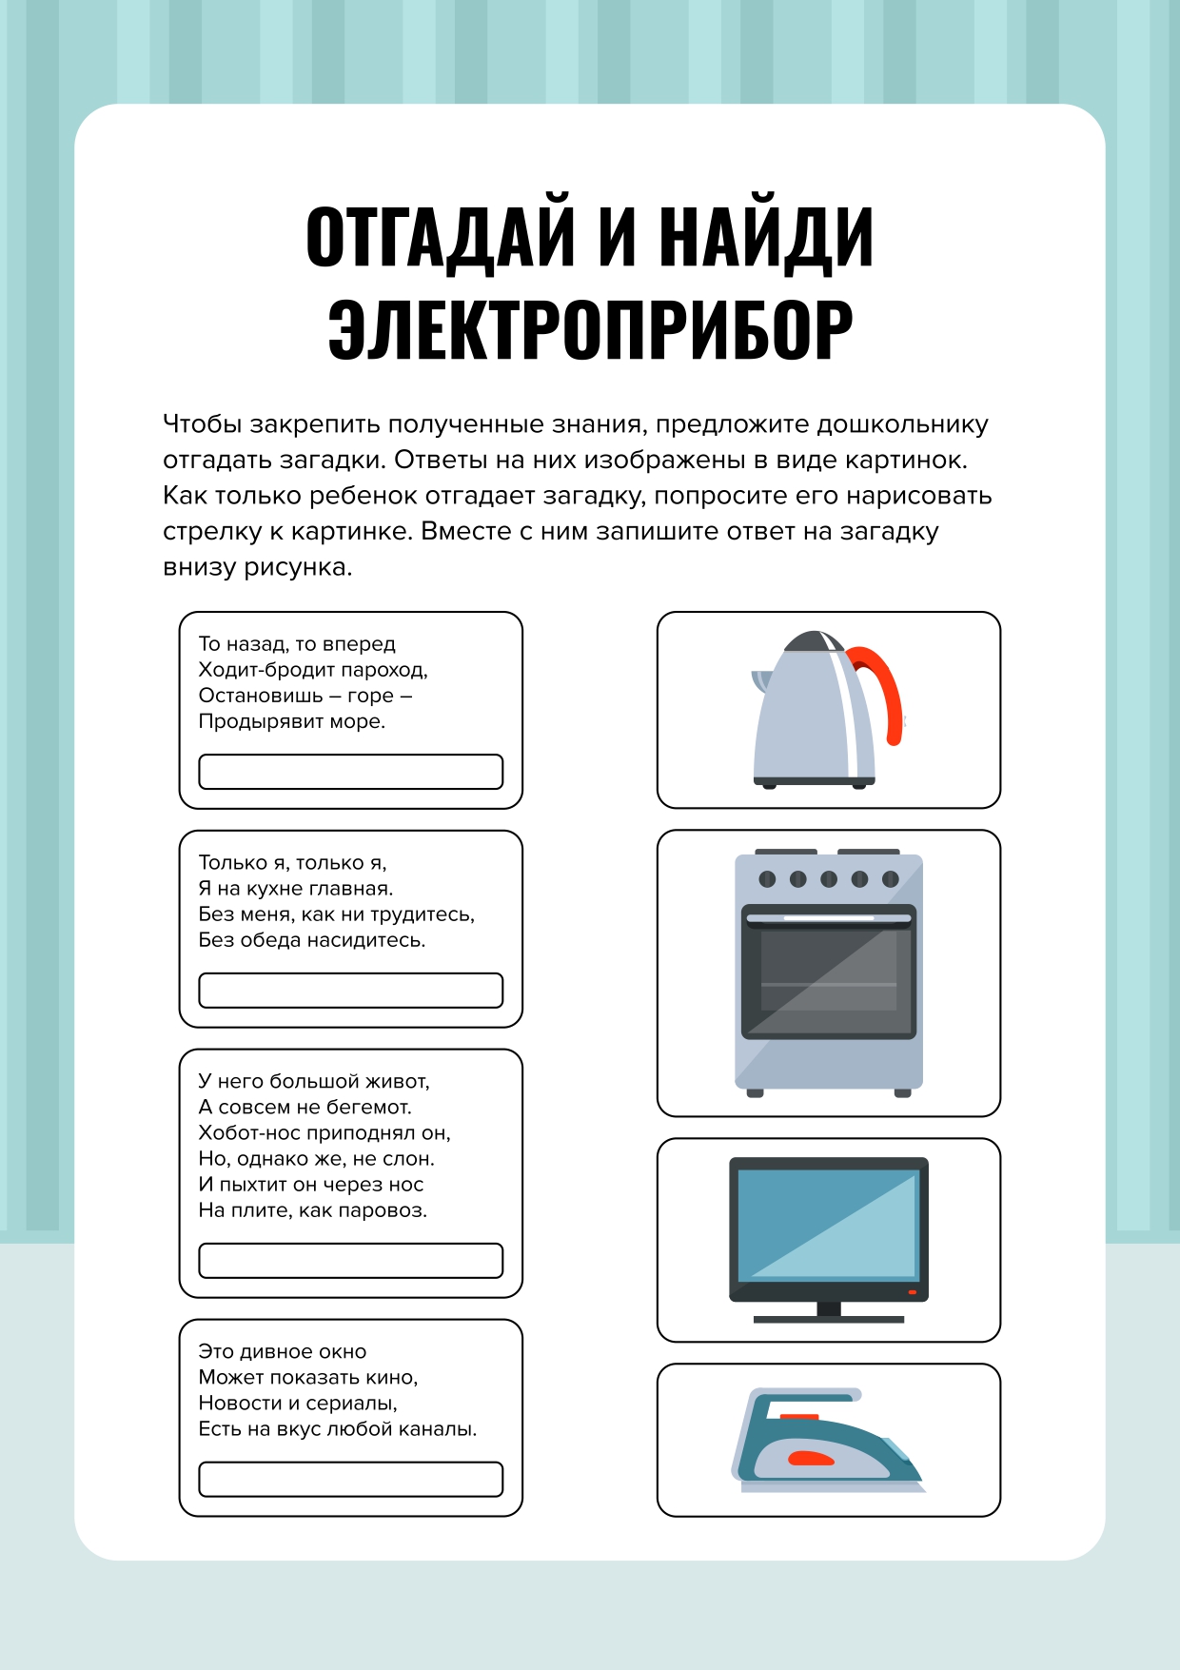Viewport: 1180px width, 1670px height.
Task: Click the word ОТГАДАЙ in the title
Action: [442, 236]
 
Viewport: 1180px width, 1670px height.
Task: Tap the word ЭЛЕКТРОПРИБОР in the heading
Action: [590, 328]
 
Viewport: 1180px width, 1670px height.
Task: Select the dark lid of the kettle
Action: [814, 640]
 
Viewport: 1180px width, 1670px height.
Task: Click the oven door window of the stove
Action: [829, 971]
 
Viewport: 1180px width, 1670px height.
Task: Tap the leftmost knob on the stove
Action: [768, 879]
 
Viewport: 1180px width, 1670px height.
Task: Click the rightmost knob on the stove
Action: [891, 879]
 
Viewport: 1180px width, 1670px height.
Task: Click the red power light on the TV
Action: [912, 1292]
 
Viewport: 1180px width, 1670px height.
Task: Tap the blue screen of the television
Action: [828, 1224]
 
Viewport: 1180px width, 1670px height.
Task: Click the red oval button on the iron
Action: [812, 1459]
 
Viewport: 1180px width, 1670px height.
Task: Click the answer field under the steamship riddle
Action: [351, 772]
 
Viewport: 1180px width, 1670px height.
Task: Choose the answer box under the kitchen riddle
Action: [351, 991]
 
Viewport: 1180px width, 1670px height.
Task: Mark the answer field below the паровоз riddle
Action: [351, 1261]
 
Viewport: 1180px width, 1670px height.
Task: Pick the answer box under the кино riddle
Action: [351, 1480]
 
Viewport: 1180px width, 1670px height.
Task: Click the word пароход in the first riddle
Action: [384, 671]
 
